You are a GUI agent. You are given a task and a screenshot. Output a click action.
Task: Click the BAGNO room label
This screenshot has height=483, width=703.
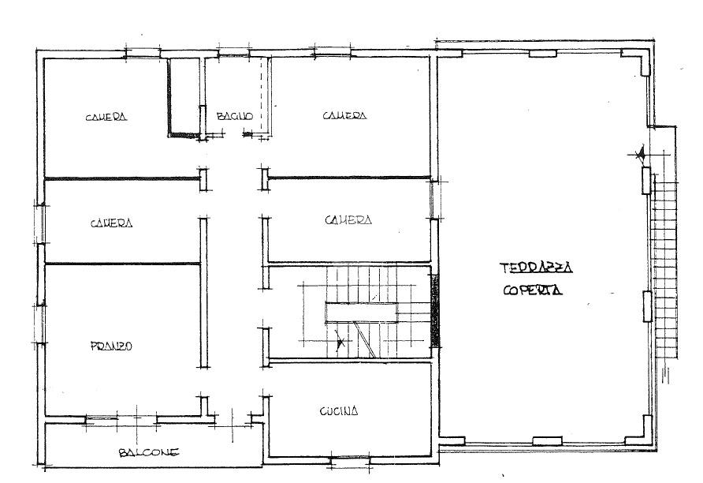pos(235,116)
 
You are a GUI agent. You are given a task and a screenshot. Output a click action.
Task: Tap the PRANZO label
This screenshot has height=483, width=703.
pos(111,346)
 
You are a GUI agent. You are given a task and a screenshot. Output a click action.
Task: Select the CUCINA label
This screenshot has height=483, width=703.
pos(339,410)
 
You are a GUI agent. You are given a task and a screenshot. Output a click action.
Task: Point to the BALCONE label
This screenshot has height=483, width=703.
pos(149,452)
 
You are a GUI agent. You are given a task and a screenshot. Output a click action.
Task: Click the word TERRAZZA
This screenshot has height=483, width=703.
pos(536,268)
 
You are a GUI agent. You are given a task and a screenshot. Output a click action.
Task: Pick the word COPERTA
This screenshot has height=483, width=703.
pos(533,290)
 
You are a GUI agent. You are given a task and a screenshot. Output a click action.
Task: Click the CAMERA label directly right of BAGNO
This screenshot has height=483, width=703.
pos(344,115)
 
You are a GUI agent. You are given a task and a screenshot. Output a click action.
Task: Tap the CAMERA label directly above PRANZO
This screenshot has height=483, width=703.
pos(112,223)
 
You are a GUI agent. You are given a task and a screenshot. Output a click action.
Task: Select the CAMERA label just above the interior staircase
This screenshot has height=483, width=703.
pos(348,220)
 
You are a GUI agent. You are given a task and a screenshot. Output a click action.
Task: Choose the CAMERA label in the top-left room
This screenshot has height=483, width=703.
pos(106,117)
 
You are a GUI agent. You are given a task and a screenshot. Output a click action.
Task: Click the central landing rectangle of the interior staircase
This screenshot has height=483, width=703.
pos(362,313)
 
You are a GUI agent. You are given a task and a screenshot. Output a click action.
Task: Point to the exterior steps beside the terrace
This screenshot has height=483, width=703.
pos(664,267)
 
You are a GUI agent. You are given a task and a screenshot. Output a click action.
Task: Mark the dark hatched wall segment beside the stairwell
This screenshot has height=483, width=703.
pos(435,311)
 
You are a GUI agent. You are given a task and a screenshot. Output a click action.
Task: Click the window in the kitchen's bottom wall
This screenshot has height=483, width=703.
pos(350,459)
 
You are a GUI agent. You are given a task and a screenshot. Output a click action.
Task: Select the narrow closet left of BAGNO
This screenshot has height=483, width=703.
pos(184,96)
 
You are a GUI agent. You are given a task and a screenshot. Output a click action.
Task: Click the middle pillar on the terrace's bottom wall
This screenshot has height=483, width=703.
pos(547,441)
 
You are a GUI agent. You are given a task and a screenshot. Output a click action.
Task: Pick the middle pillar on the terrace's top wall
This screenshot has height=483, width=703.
pos(543,54)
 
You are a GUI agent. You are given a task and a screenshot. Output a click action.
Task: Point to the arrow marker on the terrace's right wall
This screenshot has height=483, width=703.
pos(640,155)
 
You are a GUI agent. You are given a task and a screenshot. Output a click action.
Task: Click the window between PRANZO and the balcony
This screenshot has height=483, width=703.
pos(102,419)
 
